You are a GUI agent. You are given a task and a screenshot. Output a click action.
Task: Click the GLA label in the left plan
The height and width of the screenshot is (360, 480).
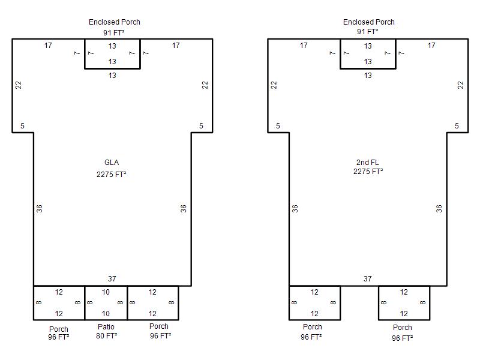coord(112,163)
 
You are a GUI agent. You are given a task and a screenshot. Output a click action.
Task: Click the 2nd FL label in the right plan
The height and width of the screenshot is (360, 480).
coord(367,163)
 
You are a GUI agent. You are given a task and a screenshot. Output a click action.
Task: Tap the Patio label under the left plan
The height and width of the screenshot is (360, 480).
coord(106,327)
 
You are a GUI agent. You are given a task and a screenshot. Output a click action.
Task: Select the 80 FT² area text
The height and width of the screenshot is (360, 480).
coord(107,336)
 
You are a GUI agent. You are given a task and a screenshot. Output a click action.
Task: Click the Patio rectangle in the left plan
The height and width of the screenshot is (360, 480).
coord(106,286)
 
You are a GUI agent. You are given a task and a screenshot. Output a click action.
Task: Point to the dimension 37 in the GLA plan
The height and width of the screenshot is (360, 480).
coord(112,279)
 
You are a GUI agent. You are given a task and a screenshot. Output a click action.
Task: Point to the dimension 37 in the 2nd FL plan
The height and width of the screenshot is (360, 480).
coord(368,279)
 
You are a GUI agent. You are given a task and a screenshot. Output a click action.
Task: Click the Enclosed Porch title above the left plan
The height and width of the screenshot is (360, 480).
coord(115,22)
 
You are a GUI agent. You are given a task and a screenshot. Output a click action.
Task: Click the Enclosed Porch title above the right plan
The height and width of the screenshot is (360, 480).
coord(369,22)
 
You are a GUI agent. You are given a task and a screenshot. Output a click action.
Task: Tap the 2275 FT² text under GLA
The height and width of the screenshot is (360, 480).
coord(112,175)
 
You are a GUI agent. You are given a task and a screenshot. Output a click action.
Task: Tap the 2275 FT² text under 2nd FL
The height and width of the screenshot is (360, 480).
coord(368,172)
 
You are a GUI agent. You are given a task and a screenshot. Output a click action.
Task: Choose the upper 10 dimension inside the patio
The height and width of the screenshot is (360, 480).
coord(106,292)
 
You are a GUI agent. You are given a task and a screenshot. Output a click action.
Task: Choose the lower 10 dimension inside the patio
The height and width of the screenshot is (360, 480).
coord(106,313)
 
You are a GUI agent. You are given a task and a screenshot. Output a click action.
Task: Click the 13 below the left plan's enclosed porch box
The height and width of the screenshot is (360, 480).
coord(112,76)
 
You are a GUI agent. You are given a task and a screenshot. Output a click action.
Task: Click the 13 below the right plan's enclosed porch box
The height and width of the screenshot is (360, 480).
coord(368,76)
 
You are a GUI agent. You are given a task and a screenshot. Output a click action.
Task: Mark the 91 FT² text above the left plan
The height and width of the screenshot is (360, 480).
coord(114,32)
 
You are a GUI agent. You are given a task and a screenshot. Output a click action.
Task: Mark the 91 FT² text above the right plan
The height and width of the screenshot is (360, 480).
coord(367,32)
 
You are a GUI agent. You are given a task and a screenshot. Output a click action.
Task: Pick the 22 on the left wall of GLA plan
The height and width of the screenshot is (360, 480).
coord(19,85)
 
